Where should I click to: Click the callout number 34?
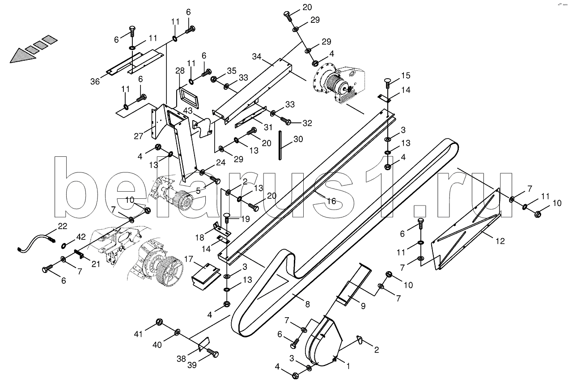(256, 57)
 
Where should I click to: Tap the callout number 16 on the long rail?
(331, 201)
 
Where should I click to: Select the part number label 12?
(500, 241)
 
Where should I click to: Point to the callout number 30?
(298, 139)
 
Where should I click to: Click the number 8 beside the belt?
(307, 305)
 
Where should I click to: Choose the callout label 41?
(139, 333)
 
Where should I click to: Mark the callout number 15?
(405, 75)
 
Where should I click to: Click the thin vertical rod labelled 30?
(280, 145)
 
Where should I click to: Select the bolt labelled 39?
(213, 354)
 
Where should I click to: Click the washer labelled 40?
(178, 331)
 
